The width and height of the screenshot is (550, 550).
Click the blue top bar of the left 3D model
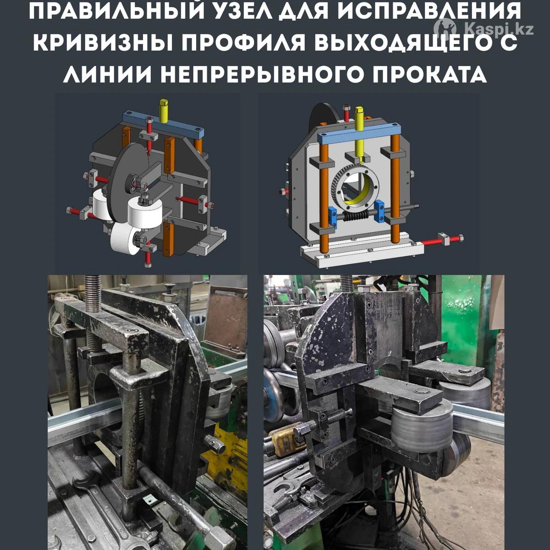click(163, 125)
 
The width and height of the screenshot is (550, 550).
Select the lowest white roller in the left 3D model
click(125, 238)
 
